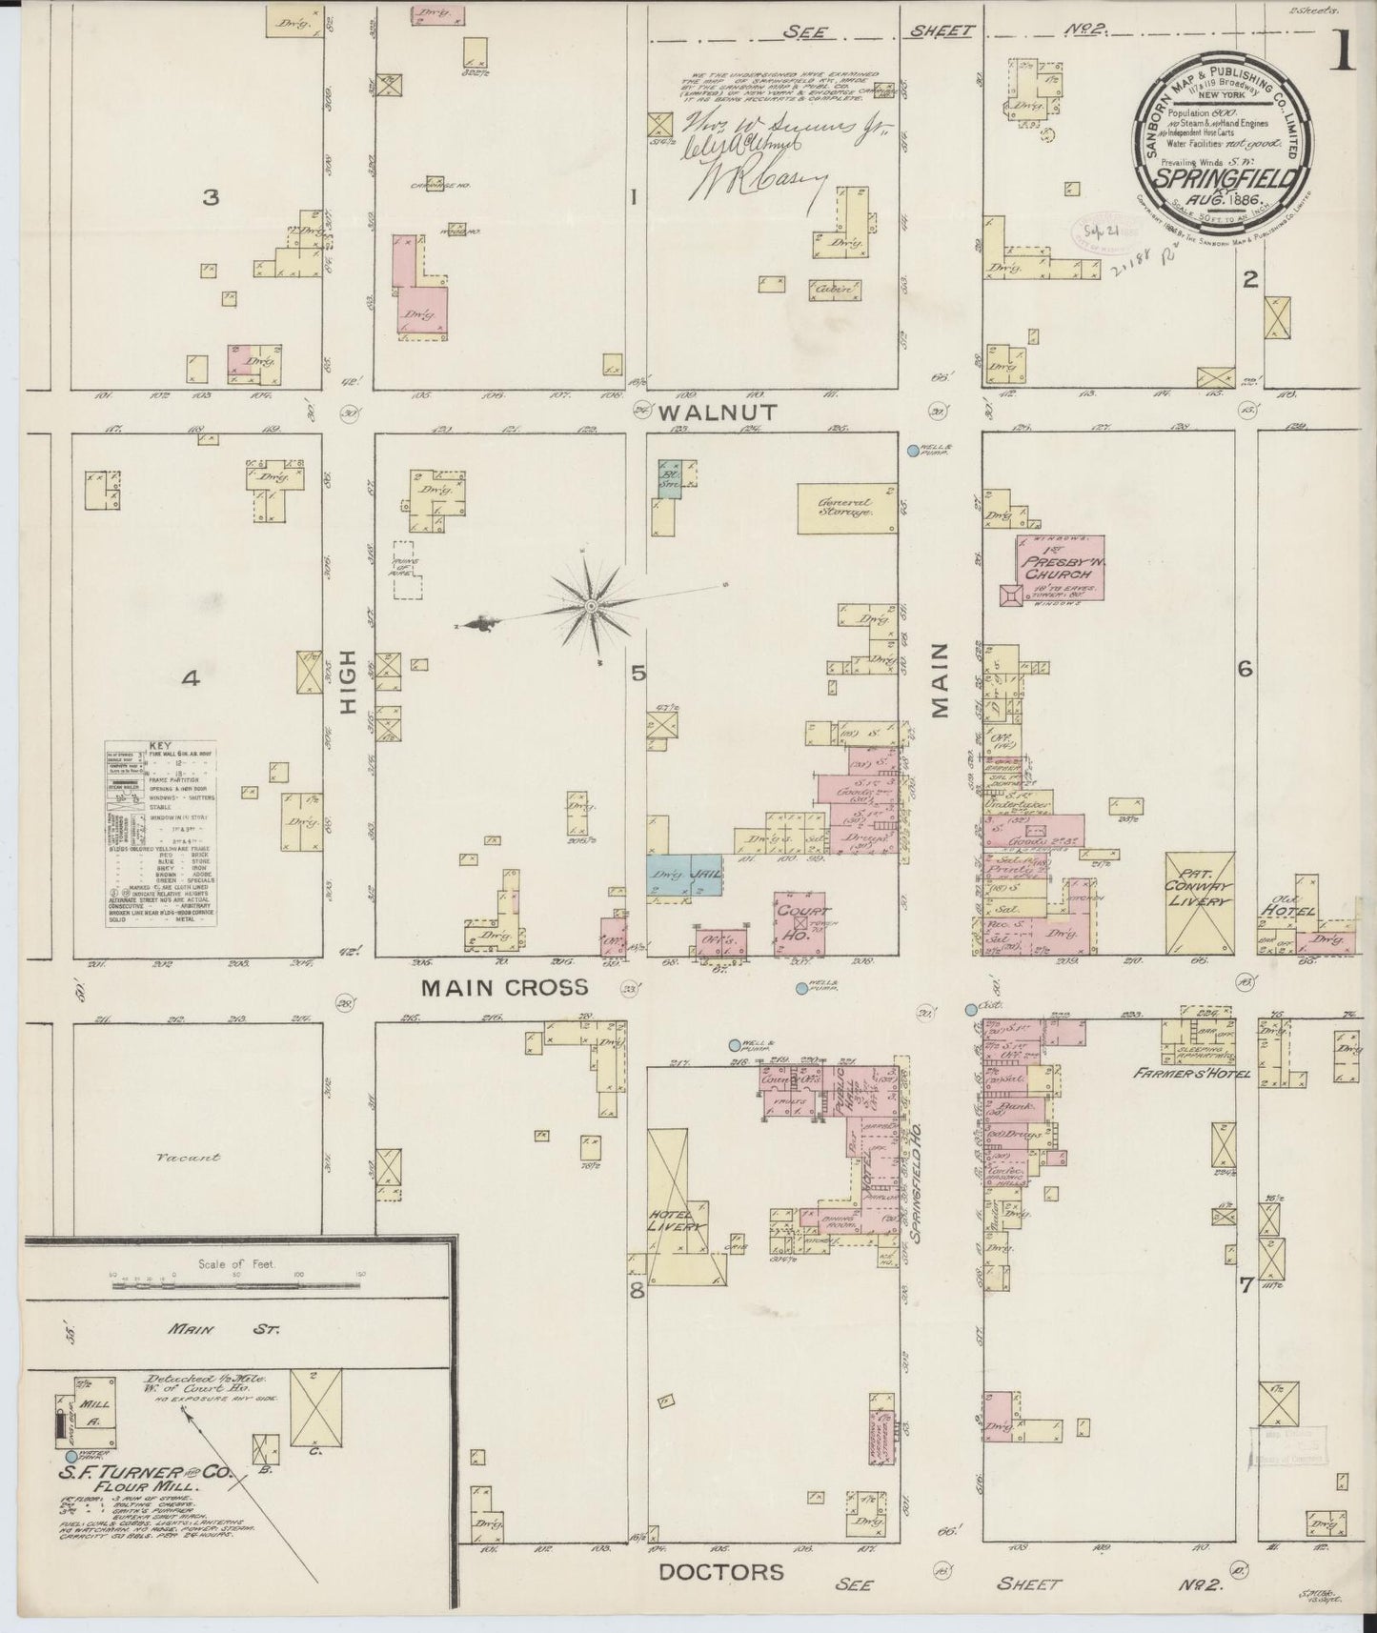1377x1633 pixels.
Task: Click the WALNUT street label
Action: pyautogui.click(x=732, y=413)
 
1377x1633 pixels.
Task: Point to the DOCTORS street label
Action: pyautogui.click(x=721, y=1571)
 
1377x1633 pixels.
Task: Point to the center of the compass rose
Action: pyautogui.click(x=592, y=606)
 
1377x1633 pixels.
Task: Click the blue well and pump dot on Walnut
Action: pyautogui.click(x=912, y=451)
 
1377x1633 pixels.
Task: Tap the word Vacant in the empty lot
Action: pyautogui.click(x=190, y=1157)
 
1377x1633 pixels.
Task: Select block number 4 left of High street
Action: pyautogui.click(x=191, y=678)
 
